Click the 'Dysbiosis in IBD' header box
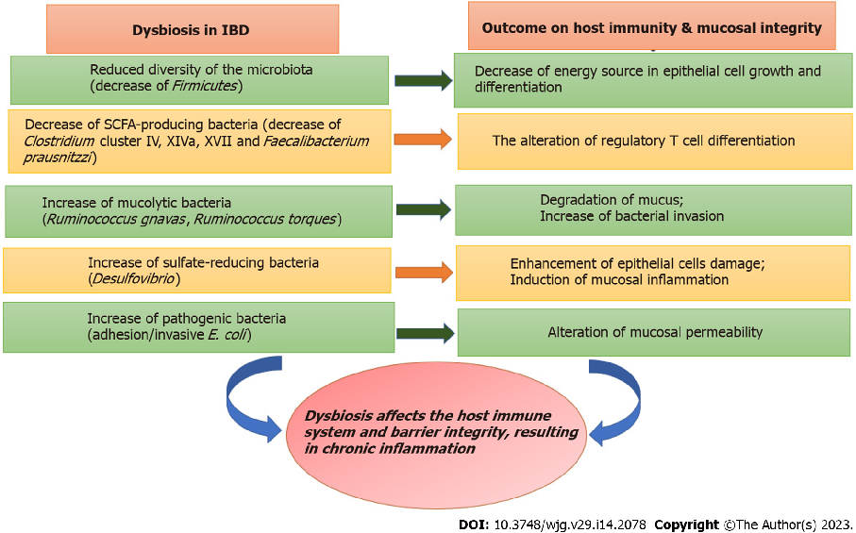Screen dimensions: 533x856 pyautogui.click(x=192, y=29)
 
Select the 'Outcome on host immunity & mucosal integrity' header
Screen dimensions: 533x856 pyautogui.click(x=651, y=28)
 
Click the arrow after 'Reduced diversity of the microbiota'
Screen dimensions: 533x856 pyautogui.click(x=421, y=80)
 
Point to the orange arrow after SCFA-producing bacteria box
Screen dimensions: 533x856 pyautogui.click(x=422, y=140)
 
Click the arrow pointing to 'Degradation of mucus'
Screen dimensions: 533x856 pyautogui.click(x=422, y=210)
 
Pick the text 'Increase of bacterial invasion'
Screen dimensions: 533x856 pyautogui.click(x=631, y=216)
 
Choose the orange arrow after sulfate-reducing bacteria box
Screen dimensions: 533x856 pyautogui.click(x=422, y=272)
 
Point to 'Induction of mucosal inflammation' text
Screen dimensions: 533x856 pyautogui.click(x=619, y=279)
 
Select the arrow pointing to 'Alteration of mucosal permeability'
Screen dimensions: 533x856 pyautogui.click(x=423, y=332)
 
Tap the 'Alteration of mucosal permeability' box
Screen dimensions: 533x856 pyautogui.click(x=654, y=332)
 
